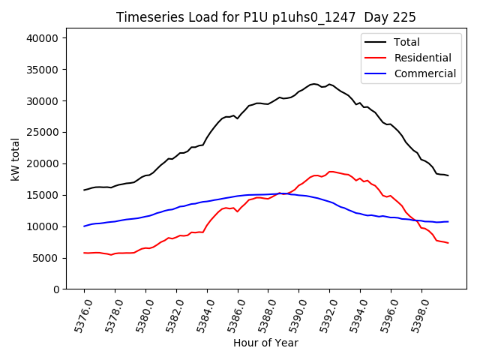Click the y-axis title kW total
(x=15, y=160)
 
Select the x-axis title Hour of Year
(x=265, y=343)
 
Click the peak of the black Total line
(x=313, y=84)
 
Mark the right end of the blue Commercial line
(x=448, y=221)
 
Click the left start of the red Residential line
(x=84, y=253)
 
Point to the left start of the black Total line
(x=84, y=190)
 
